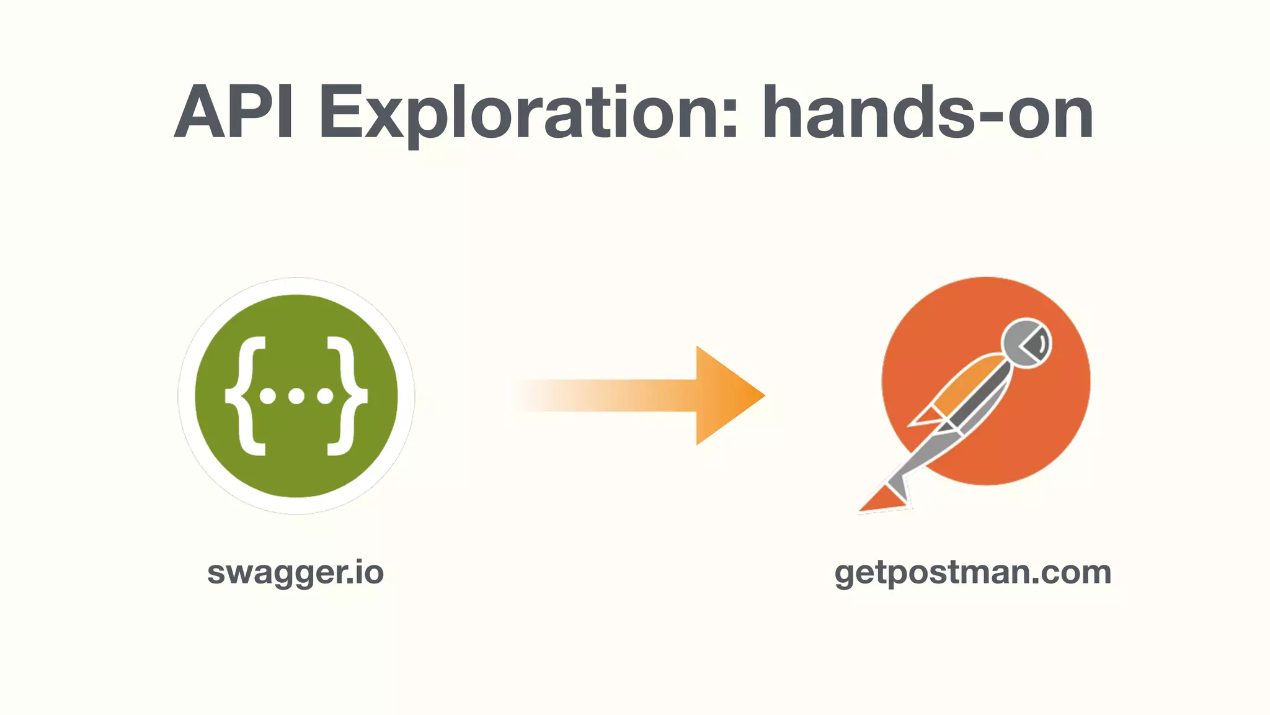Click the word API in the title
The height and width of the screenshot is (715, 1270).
tap(234, 113)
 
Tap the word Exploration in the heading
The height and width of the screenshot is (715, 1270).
tap(528, 114)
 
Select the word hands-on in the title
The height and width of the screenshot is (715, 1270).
tap(928, 113)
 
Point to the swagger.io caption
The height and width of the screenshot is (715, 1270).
tap(295, 572)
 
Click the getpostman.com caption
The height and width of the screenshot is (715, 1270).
tap(972, 572)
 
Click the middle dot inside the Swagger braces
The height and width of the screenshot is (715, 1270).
tap(296, 396)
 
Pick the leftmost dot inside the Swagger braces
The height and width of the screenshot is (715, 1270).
tap(268, 396)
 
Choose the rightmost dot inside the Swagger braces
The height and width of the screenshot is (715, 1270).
tap(325, 396)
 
